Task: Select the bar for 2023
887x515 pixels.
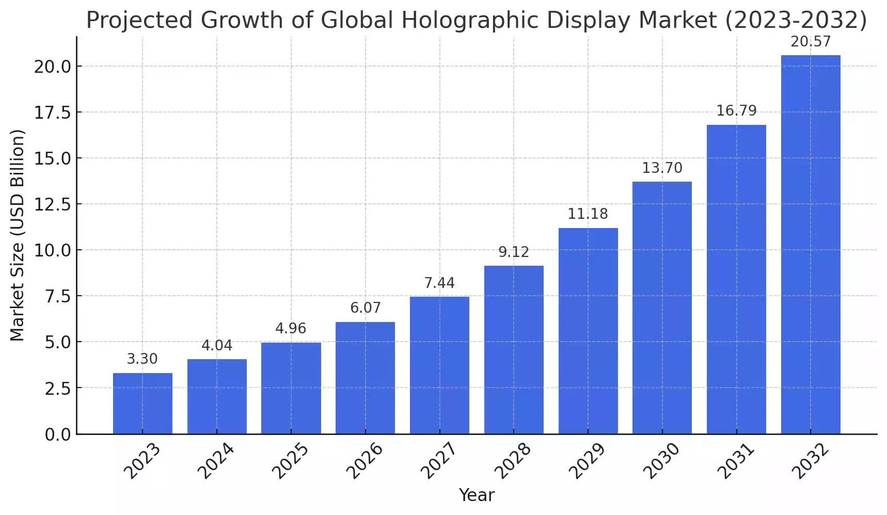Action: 142,403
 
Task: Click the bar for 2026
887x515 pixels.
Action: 365,378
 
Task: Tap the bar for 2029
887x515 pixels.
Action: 588,331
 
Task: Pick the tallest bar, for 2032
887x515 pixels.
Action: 811,244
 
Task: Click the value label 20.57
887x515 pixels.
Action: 811,41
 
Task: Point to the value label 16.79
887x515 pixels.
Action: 736,110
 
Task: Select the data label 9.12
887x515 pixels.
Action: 514,252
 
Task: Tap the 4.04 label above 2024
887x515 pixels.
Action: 217,345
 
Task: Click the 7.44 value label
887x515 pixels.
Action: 439,283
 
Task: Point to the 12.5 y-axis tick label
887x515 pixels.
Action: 53,204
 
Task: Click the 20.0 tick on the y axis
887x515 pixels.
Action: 53,67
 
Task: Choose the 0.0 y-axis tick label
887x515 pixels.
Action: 58,434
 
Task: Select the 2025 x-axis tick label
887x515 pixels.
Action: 291,461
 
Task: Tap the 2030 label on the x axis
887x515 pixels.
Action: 662,461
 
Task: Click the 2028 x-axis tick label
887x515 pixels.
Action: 513,461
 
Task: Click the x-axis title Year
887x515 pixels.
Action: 477,495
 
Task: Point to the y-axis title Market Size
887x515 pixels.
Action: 18,235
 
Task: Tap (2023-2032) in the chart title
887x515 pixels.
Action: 796,21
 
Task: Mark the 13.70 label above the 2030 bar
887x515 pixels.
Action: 662,168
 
